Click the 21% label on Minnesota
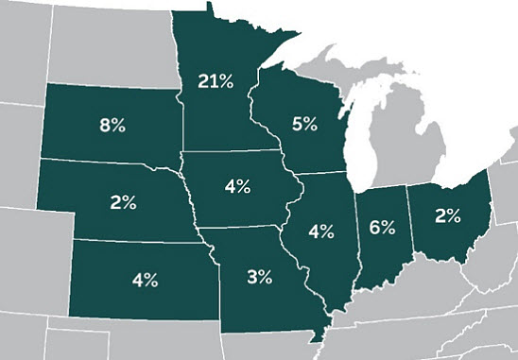pyautogui.click(x=216, y=82)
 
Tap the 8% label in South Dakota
pyautogui.click(x=112, y=125)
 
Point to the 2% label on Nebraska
pyautogui.click(x=122, y=201)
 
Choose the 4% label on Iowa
pyautogui.click(x=237, y=186)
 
